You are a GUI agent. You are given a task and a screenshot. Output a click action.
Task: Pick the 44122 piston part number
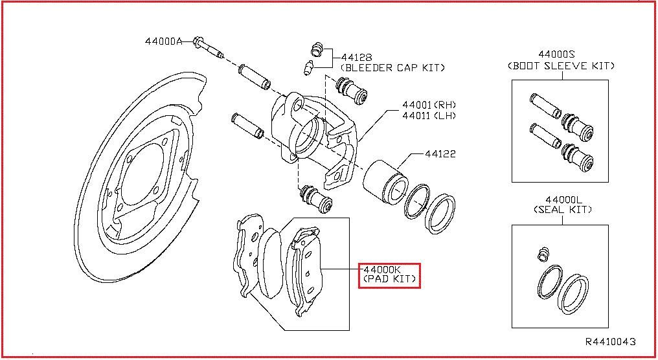point(440,154)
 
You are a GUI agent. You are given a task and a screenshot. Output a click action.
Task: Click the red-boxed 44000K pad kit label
point(389,275)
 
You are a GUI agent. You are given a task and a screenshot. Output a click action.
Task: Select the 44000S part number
point(560,55)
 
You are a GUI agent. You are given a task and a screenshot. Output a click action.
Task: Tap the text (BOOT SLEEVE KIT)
point(560,65)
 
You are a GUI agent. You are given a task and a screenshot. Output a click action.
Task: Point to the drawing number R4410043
point(610,341)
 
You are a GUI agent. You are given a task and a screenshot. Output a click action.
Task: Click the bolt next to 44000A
point(207,46)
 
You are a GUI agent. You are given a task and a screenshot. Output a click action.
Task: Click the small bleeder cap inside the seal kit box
point(543,254)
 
